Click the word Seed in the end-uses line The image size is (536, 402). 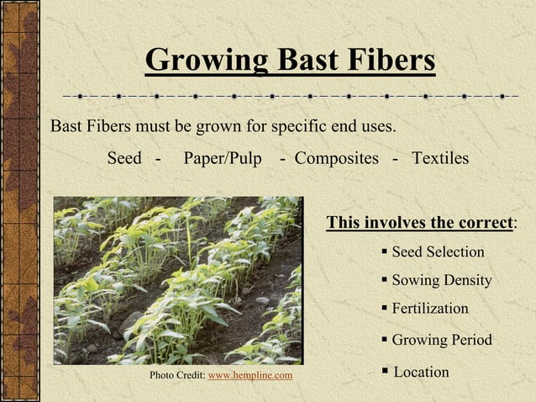124,158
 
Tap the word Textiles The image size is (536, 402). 440,158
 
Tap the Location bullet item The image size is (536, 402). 421,372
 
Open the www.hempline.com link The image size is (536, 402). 250,374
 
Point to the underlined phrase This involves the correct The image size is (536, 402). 419,223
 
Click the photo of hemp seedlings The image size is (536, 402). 177,280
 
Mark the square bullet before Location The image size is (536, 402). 385,371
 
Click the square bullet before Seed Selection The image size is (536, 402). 384,251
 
